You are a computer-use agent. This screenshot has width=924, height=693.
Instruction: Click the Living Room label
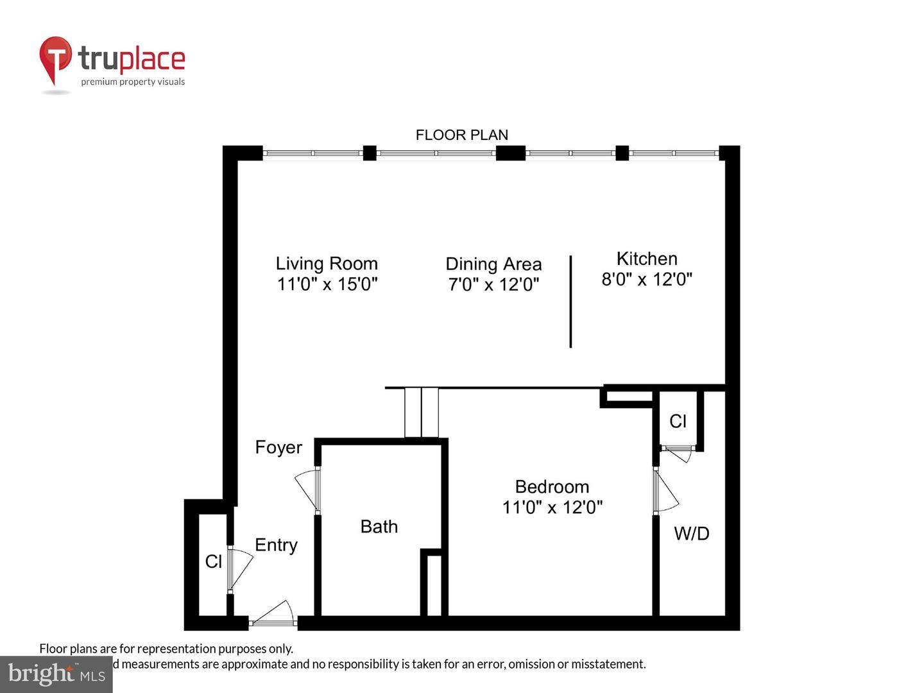point(327,264)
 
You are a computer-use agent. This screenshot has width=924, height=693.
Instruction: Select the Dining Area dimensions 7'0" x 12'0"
point(493,284)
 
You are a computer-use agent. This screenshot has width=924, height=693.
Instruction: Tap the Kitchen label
point(647,259)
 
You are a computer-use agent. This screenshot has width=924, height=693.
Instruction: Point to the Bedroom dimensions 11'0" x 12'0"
point(552,507)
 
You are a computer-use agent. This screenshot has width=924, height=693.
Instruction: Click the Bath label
point(379,527)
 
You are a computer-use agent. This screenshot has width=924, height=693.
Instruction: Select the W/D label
point(691,533)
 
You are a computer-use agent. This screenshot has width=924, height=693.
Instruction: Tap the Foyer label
point(278,447)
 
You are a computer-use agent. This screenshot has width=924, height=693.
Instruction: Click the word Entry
point(276,545)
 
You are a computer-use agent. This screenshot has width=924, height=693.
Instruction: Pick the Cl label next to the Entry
point(213,561)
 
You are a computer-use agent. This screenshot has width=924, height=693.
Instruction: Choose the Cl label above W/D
point(678,421)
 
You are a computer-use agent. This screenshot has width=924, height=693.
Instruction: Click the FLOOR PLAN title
point(462,135)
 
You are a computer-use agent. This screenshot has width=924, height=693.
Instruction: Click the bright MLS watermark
point(56,674)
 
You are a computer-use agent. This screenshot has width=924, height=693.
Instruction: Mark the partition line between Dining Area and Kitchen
point(570,302)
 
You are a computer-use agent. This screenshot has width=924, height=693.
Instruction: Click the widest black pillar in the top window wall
point(511,153)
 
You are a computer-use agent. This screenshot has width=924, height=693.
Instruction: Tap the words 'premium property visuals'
point(133,81)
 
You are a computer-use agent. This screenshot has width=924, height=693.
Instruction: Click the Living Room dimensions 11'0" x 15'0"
point(327,284)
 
